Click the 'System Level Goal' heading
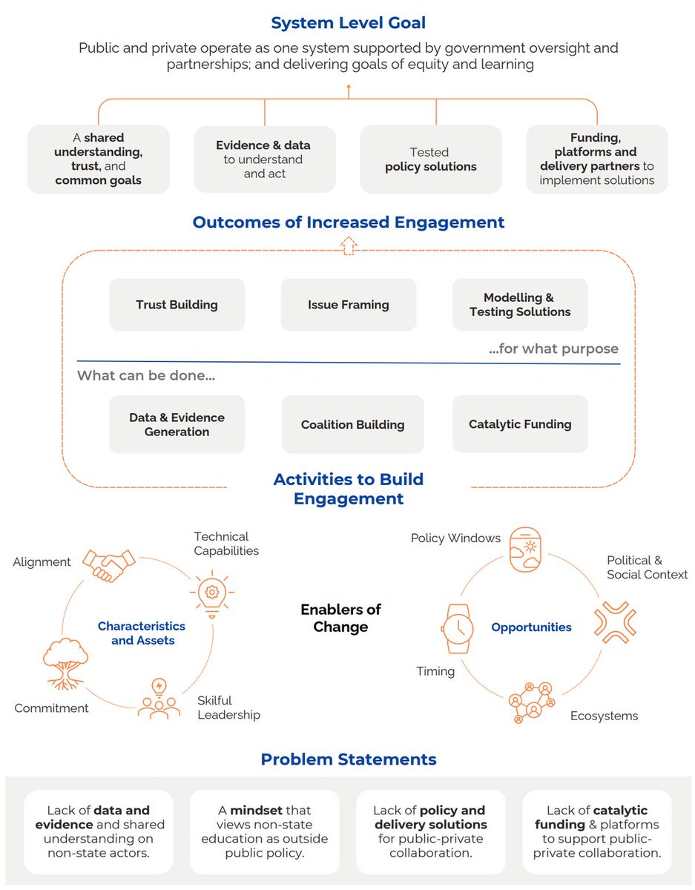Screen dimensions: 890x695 coord(348,23)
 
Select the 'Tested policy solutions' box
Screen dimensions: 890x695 coord(430,159)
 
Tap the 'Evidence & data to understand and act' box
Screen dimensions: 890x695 coord(264,159)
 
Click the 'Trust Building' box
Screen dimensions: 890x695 coord(177,305)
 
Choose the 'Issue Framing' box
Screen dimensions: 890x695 coord(349,305)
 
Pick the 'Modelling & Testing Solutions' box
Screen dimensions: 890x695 coord(520,305)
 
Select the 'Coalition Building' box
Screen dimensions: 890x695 coord(352,424)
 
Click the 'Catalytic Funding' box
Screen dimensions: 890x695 coord(520,424)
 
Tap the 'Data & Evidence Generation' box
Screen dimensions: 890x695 coord(177,424)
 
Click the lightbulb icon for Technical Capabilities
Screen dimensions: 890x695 coord(212,591)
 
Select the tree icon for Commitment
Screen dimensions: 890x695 coord(66,661)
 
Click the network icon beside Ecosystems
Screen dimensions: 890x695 coord(532,701)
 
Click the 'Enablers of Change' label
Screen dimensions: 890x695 coord(340,618)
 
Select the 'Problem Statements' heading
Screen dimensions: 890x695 coord(348,759)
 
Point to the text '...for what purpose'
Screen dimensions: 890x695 coord(553,349)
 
